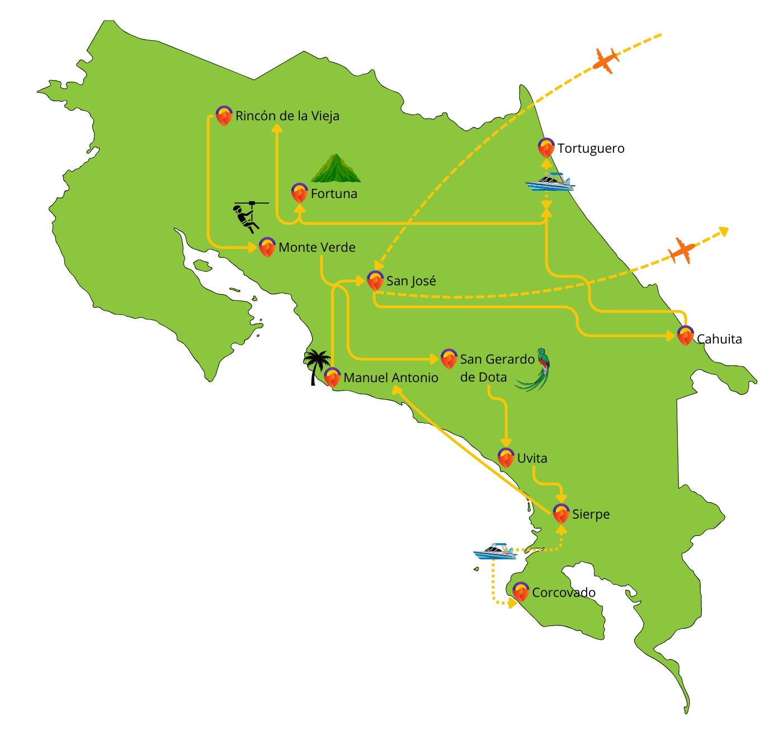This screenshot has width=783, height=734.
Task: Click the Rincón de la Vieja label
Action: click(287, 116)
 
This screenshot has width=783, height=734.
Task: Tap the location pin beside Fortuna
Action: click(300, 193)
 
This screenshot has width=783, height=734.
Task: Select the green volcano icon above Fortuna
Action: click(336, 168)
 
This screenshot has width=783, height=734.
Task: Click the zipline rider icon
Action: click(248, 216)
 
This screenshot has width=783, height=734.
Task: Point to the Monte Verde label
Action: click(317, 247)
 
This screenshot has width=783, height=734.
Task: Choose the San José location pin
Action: click(375, 280)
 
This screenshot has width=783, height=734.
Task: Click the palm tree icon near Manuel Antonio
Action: click(318, 360)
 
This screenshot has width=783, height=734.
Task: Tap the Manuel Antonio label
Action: click(390, 378)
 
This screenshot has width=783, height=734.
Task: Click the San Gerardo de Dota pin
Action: click(449, 359)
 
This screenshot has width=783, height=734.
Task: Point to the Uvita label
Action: click(532, 458)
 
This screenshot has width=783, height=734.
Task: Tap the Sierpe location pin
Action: click(561, 514)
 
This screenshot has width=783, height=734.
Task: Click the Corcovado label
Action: click(555, 592)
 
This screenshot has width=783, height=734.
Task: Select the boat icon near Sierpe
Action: click(494, 552)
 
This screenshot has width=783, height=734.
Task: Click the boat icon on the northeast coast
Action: click(550, 182)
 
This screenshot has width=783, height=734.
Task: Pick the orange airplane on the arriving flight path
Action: click(606, 60)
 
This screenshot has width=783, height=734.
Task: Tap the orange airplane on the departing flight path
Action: click(682, 250)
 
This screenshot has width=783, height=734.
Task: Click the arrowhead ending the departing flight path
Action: click(724, 230)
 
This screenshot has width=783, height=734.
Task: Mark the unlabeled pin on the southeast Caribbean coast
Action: click(686, 335)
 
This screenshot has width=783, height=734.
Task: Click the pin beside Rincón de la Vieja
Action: click(224, 116)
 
